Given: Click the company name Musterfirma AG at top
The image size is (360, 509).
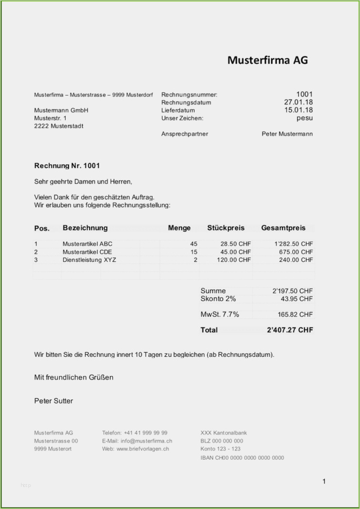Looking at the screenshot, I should [267, 60].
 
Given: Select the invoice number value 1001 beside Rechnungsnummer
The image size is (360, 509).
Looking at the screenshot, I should [304, 94].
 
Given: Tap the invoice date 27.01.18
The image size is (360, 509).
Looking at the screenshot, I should [299, 102].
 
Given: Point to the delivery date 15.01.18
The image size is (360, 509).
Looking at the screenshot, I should [299, 110].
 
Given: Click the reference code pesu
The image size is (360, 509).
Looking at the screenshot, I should [304, 118].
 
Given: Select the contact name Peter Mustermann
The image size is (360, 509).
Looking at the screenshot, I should [287, 134].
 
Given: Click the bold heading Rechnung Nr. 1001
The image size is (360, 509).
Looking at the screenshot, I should [67, 166].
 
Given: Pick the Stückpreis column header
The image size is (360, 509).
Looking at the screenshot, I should [226, 228].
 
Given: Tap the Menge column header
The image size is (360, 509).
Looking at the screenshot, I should [179, 228].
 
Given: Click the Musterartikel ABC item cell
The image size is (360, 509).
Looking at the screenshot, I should [87, 244].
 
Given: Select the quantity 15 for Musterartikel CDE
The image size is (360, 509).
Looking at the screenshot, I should [194, 252].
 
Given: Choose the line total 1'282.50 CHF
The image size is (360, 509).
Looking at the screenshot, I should [293, 244].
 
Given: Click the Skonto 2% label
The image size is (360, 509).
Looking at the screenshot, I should [218, 299].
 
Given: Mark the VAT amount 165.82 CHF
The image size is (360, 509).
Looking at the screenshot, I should [295, 315].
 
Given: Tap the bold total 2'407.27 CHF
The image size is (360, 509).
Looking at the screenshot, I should [290, 330].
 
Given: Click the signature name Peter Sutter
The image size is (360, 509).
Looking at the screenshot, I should [54, 401].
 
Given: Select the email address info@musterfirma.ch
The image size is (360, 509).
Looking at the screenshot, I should [146, 441].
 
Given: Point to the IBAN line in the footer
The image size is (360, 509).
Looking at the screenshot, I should [242, 458].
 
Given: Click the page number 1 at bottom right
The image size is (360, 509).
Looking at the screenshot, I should [324, 481].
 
